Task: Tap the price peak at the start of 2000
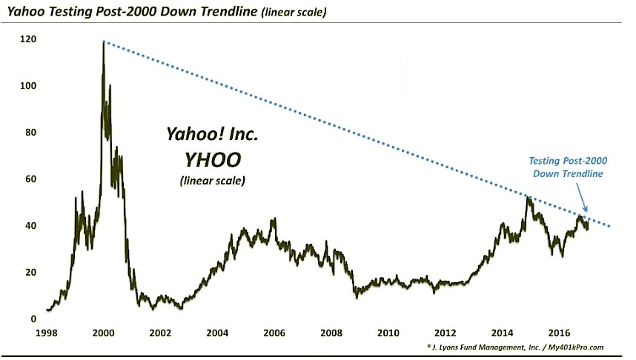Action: pyautogui.click(x=103, y=43)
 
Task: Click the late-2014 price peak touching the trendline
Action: pyautogui.click(x=528, y=197)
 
